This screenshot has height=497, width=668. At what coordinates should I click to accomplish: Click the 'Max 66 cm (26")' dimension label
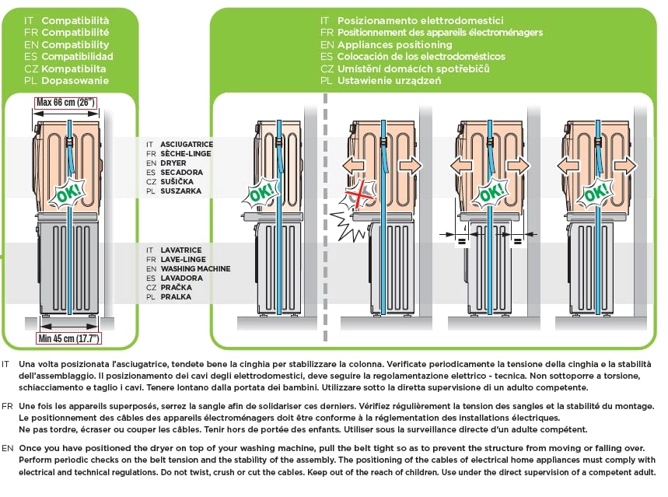[x=65, y=102]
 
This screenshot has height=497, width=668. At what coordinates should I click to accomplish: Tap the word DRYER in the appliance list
[x=173, y=163]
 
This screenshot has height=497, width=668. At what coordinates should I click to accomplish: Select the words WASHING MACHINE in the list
[x=195, y=269]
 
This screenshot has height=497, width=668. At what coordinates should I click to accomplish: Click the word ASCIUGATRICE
[x=187, y=145]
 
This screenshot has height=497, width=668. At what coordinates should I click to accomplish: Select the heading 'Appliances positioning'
[x=396, y=44]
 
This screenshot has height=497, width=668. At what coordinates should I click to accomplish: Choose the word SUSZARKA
[x=180, y=191]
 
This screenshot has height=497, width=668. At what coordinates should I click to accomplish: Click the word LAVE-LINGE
[x=184, y=260]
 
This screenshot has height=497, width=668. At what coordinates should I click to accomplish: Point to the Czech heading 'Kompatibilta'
[x=75, y=68]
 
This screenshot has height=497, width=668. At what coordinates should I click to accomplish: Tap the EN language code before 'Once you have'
[x=7, y=449]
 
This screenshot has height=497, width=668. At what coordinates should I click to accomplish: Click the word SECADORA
[x=180, y=173]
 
